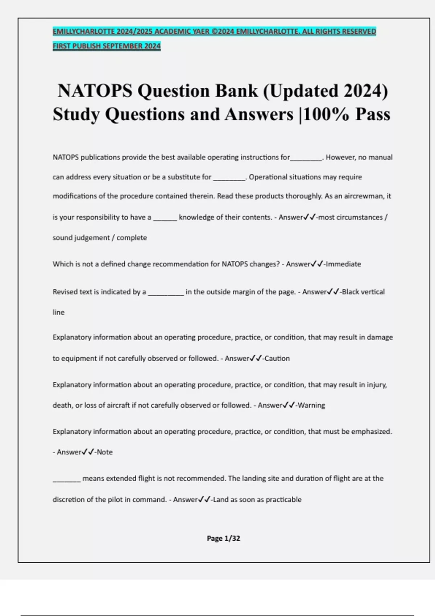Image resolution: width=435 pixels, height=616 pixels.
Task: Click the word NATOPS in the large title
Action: [x=95, y=91]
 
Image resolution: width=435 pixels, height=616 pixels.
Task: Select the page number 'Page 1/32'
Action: [x=223, y=538]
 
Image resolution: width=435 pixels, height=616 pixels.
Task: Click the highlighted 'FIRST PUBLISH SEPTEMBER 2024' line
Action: [x=107, y=46]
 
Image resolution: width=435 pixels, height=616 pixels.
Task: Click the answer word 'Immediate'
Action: [x=343, y=264]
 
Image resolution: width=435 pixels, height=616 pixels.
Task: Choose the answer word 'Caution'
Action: [x=277, y=358]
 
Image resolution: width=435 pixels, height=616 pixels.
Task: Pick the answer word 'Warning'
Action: [x=311, y=405]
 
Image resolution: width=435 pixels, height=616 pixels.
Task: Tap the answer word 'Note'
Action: [x=105, y=452]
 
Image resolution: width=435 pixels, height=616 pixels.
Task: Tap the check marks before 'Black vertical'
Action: [x=333, y=292]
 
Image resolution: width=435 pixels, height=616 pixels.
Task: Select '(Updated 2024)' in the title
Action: [x=325, y=91]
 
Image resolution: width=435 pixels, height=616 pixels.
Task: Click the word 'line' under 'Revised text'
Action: [x=59, y=312]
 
